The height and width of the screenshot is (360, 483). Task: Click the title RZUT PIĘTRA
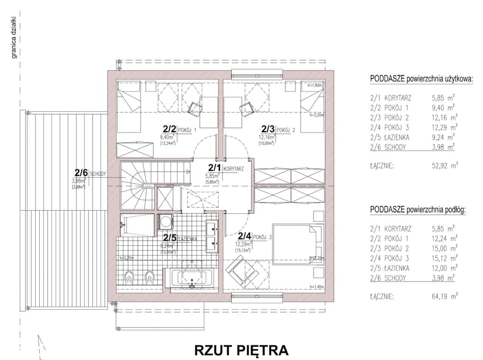pos(241,350)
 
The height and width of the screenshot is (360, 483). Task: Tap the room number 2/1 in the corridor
pos(215,167)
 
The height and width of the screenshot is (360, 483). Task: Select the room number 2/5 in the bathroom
pos(170,237)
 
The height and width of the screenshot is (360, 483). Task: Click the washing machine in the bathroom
pos(165,221)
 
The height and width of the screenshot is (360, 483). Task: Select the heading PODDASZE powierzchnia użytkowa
pos(421,79)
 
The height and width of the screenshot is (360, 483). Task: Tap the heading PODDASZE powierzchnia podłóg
pos(418,210)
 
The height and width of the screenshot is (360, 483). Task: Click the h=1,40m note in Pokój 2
pos(315,85)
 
